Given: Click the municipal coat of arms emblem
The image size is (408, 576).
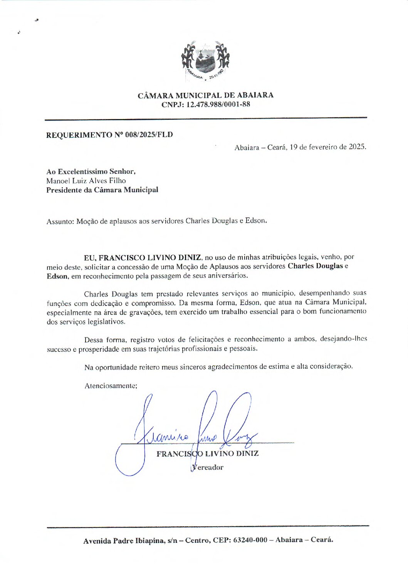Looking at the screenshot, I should tap(205, 61).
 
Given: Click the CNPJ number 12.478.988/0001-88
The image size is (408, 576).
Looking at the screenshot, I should tap(218, 104).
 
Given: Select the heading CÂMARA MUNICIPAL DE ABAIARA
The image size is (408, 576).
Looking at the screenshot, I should tap(206, 95).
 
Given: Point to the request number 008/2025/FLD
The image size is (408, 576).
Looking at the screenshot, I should tap(149, 135).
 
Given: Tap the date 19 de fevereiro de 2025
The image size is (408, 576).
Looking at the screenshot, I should tap(327, 147).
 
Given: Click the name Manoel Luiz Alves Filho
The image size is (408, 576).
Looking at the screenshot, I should tap(86, 181).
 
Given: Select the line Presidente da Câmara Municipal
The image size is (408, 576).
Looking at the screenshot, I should tap(102, 190).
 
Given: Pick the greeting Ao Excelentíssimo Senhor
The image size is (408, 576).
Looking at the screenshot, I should tap(91, 171).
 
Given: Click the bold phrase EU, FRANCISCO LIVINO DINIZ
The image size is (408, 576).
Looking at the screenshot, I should tap(143, 257).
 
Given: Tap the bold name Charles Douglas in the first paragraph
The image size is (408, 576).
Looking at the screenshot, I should tap(315, 266).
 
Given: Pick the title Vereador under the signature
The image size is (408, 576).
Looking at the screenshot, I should tap(208, 467).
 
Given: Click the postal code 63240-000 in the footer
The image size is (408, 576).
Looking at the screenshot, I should tap(250, 540).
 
